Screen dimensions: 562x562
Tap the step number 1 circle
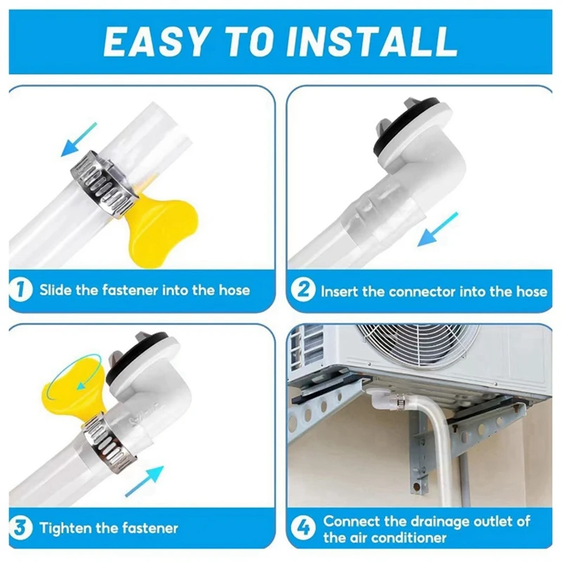coord(22,289)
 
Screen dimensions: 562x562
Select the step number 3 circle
coord(22,528)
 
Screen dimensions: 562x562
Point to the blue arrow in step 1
coord(79,138)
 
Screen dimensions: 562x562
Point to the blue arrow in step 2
coord(437,229)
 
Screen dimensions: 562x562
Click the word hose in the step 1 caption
coord(232,289)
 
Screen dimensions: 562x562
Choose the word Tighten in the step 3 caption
coord(69,528)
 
